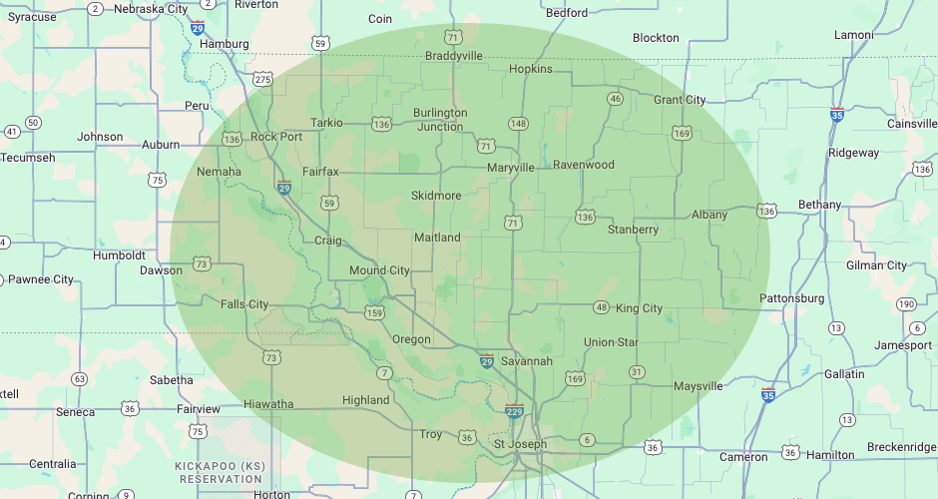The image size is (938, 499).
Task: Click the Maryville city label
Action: point(510,168)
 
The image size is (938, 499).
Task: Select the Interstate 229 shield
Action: point(515,410)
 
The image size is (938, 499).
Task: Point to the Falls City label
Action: point(244,304)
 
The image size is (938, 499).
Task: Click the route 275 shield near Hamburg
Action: point(262,79)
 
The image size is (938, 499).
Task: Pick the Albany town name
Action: point(709,215)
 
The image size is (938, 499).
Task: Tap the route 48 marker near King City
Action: point(601,307)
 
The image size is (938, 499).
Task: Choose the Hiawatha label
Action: point(268,404)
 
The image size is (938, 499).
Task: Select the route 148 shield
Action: point(518,124)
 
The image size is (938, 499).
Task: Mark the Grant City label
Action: point(680,100)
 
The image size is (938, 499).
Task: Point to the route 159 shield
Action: point(374,313)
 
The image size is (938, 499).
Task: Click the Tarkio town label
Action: point(326,123)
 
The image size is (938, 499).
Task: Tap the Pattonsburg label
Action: point(792,298)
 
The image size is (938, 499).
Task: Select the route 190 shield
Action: point(906,304)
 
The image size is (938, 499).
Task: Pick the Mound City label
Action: point(379,270)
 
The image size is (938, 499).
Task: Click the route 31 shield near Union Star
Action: point(636,372)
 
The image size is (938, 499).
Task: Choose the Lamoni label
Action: point(854,35)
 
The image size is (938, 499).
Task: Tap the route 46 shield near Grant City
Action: point(615,99)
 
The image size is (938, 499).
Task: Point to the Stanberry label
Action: point(633,230)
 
